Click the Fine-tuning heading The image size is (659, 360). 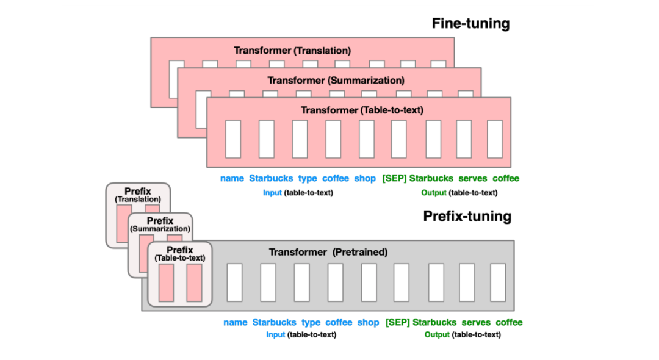(470, 24)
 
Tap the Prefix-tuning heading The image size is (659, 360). (467, 217)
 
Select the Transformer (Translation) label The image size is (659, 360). (292, 51)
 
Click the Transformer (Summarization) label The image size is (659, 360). (336, 80)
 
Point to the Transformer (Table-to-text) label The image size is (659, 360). (362, 110)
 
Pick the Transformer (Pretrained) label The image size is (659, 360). (328, 252)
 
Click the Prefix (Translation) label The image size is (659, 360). (138, 195)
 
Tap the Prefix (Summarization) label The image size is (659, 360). (160, 225)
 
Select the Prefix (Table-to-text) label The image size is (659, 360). (180, 254)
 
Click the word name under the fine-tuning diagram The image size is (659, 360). (232, 178)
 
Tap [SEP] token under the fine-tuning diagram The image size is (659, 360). (394, 179)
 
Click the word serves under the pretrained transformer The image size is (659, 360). (476, 322)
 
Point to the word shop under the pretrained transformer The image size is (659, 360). (368, 323)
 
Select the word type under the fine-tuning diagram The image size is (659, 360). (308, 179)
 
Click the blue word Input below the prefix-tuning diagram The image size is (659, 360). (276, 335)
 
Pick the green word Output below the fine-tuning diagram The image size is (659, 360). (434, 193)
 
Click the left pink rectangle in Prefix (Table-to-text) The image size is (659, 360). (166, 283)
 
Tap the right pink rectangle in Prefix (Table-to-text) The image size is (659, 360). (194, 283)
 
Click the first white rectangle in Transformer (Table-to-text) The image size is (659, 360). (233, 140)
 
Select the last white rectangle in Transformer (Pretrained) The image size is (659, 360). (498, 283)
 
